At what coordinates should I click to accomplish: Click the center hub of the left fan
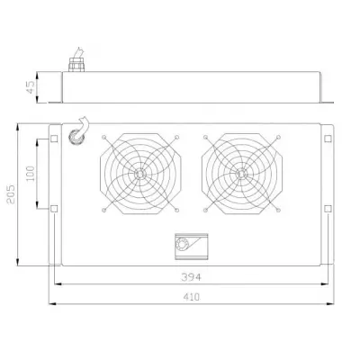coord(140,173)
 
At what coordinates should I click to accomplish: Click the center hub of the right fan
coord(240,173)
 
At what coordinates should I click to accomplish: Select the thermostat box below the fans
coord(191,245)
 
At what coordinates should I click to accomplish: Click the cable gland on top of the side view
coord(72,65)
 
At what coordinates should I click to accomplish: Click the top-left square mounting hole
coord(55,139)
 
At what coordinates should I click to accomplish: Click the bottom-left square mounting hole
coord(55,210)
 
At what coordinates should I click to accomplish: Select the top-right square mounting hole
coord(328,139)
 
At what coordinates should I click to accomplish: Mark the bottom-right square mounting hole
coord(328,210)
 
